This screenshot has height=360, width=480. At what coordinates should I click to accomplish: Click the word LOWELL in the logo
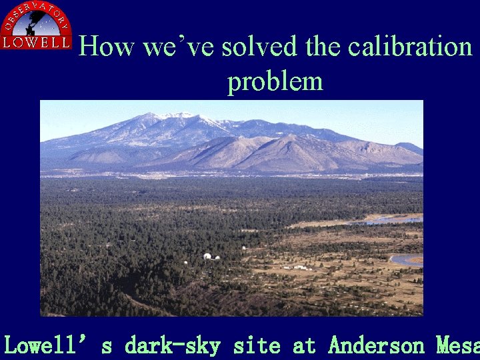pos(36,43)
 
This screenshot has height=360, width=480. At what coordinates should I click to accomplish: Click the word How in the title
pos(101,47)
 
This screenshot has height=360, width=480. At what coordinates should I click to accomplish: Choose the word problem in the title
pos(275,81)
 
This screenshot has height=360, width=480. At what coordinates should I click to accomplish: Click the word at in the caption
pos(304,345)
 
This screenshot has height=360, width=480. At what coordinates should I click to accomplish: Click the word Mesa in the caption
pos(457,345)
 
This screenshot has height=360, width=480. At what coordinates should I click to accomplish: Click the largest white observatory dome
pos(207,257)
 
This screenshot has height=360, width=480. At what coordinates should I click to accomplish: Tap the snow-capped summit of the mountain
pos(175,116)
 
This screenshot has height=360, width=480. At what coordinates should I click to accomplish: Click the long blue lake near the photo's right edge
pos(396,219)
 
